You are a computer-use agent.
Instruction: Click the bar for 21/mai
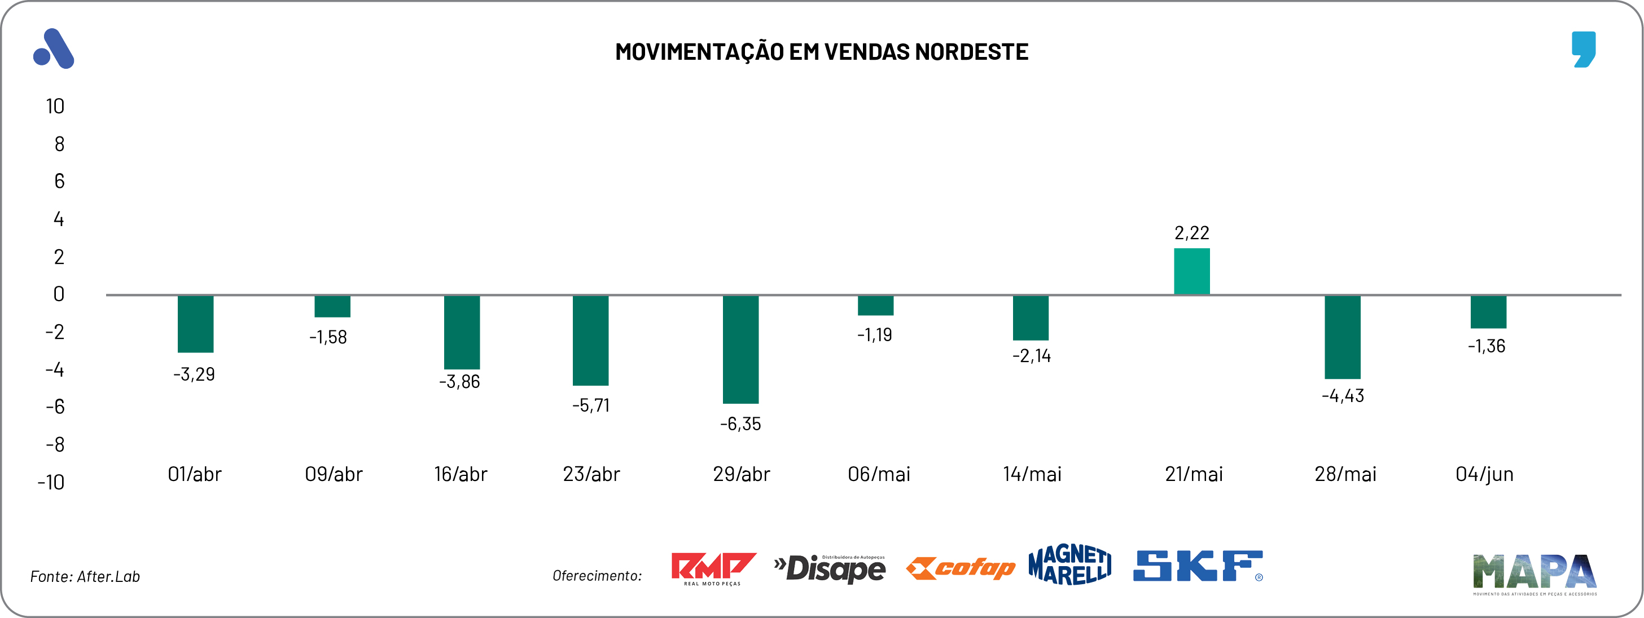coord(1191,271)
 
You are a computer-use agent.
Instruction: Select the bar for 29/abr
coord(740,349)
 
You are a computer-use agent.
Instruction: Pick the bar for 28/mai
coord(1342,337)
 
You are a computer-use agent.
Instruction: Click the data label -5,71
coord(591,405)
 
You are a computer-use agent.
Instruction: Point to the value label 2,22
coord(1191,233)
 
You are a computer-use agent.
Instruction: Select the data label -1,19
coord(874,335)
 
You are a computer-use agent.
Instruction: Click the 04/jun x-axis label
coord(1484,474)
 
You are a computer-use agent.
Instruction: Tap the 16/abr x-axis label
coord(460,474)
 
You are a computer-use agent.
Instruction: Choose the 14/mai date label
coord(1032,474)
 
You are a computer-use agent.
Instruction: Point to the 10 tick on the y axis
coord(55,106)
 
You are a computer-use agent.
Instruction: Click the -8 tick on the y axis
coord(55,444)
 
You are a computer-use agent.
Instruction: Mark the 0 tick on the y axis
coord(59,294)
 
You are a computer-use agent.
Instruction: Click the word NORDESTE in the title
coord(971,52)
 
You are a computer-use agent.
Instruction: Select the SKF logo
coord(1197,566)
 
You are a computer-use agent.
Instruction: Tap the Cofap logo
coord(961,568)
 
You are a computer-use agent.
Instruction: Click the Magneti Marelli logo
coord(1069,565)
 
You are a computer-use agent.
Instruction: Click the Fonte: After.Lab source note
coord(85,576)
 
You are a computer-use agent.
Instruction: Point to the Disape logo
coord(830,568)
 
